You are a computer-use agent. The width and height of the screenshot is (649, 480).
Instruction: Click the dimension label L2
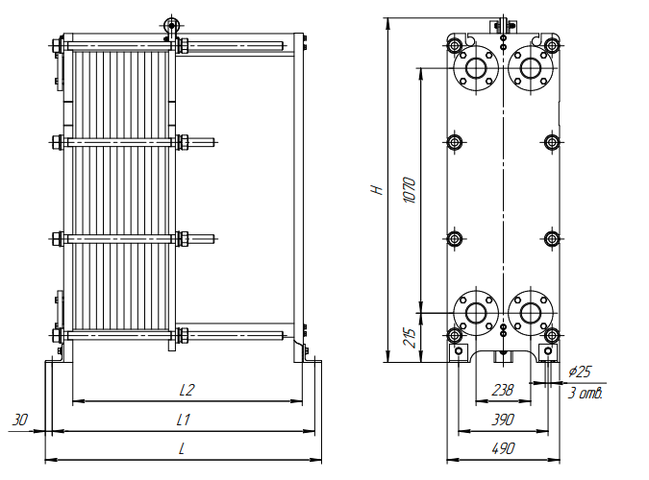[x=187, y=390]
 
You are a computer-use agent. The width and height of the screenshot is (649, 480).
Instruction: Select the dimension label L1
[x=183, y=420]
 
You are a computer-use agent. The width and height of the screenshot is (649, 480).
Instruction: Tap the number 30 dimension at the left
[x=20, y=420]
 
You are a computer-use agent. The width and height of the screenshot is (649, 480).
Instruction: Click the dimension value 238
[x=502, y=391]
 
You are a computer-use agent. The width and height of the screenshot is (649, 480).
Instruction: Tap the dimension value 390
[x=502, y=420]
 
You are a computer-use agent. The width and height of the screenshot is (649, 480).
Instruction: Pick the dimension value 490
[x=503, y=448]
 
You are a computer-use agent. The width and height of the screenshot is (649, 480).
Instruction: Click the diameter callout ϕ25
[x=580, y=372]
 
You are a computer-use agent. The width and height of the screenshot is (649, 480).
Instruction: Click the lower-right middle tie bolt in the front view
[x=552, y=238]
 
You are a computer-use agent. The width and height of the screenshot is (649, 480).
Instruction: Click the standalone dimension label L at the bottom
[x=183, y=448]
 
